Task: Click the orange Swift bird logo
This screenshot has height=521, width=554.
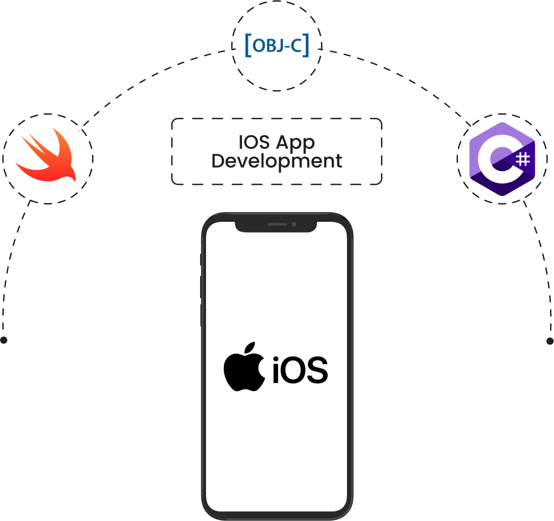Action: [x=47, y=157]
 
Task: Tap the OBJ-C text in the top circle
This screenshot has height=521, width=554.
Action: [x=277, y=45]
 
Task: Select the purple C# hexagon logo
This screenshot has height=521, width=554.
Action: [x=502, y=159]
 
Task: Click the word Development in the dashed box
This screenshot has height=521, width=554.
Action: [x=277, y=161]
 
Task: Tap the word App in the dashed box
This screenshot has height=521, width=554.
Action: [x=295, y=143]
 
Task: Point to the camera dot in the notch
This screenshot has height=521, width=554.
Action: [x=294, y=224]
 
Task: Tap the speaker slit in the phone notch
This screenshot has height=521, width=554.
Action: [x=277, y=224]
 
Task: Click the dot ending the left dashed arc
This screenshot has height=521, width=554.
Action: [x=4, y=340]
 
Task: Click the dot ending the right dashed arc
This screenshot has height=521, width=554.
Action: [x=550, y=341]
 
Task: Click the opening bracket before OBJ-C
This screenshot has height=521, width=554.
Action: [x=248, y=45]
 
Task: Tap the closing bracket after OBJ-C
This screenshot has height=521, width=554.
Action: [x=307, y=45]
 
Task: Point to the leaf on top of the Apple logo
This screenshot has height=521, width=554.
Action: [x=250, y=348]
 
